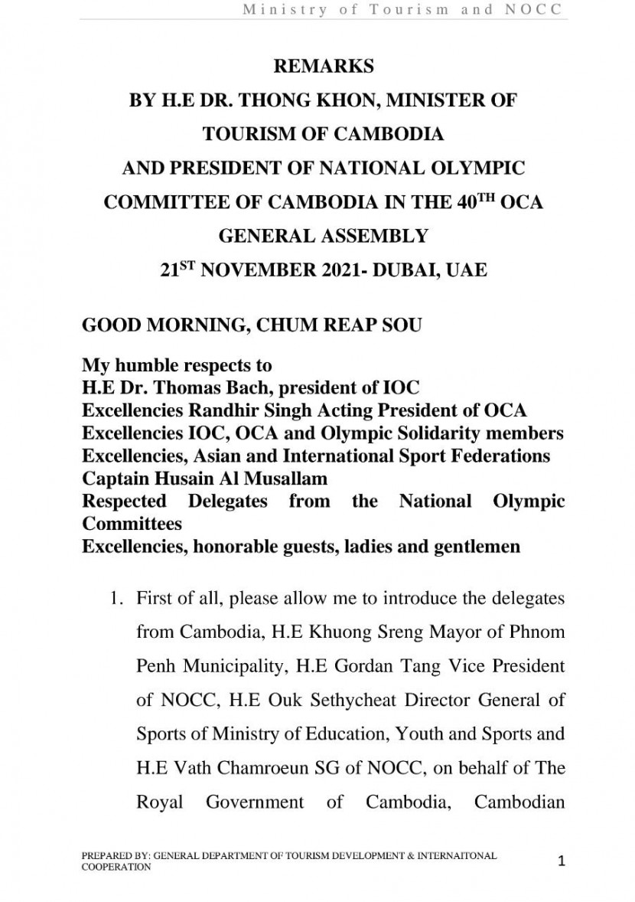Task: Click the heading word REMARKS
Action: pos(324,67)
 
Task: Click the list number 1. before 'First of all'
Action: pos(119,597)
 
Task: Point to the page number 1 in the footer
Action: pos(562,861)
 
